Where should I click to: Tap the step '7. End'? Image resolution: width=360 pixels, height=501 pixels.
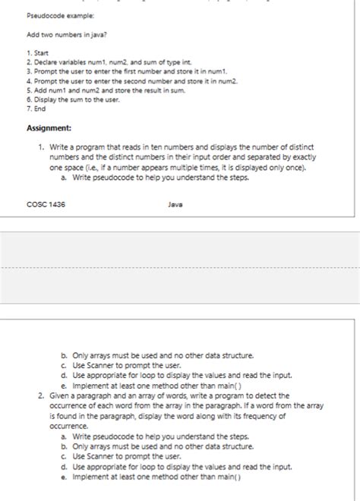35,109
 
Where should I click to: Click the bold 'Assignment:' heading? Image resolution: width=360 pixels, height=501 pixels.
49,128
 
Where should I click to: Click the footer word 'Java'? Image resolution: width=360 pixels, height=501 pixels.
176,204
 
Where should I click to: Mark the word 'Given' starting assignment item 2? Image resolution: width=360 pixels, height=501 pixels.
60,395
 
